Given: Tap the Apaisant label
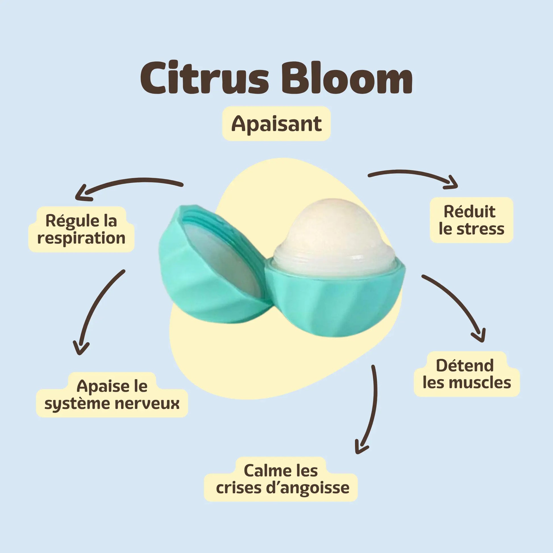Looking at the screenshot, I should click(x=276, y=124).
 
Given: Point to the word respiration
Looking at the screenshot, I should click(x=81, y=238).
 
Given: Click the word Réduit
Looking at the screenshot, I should click(x=469, y=212).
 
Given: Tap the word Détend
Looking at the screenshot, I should click(x=465, y=365).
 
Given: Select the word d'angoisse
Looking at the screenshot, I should click(x=307, y=488).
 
